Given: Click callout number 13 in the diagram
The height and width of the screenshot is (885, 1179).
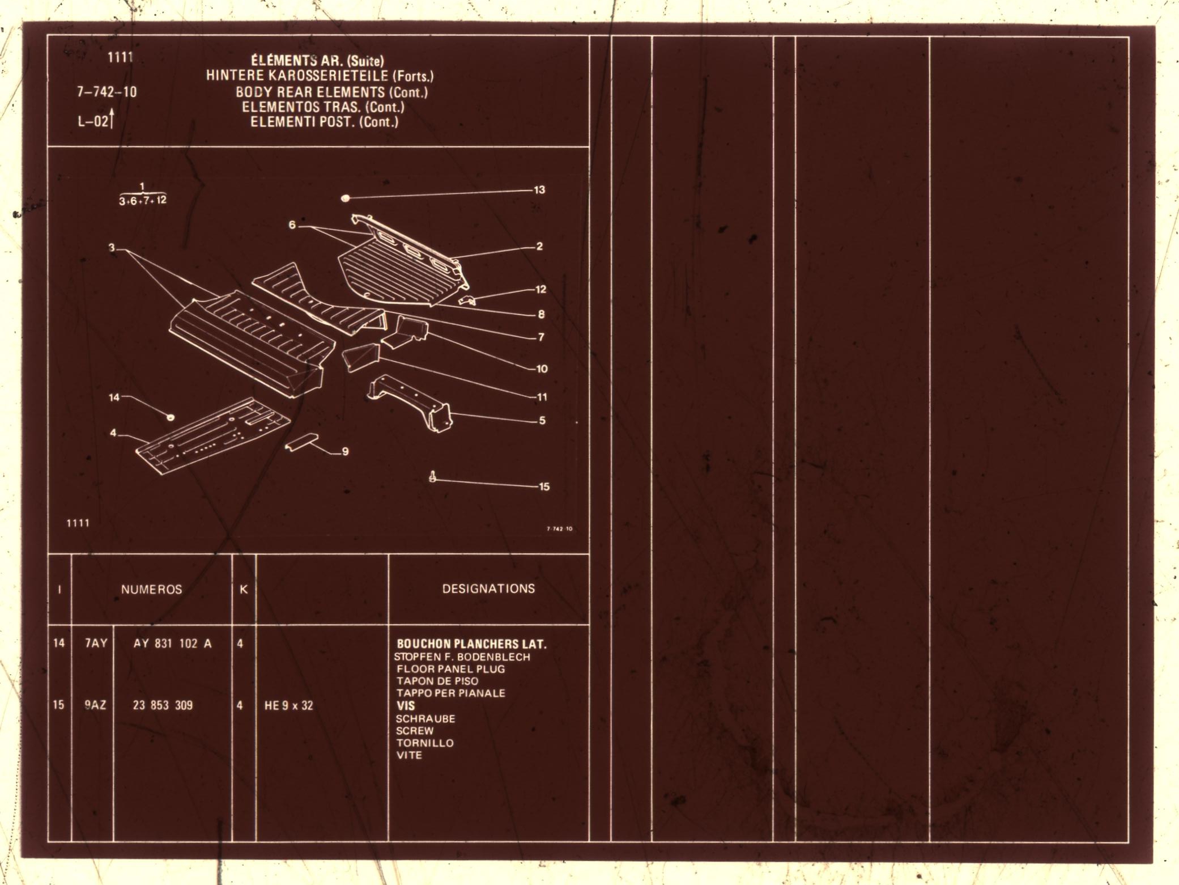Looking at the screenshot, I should [x=539, y=190].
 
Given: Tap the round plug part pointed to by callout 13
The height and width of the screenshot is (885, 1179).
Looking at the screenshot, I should [x=345, y=198].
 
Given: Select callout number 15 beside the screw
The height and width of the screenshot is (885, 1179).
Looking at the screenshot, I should [x=544, y=486].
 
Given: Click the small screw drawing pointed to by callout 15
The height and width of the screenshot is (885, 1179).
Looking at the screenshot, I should [x=433, y=477].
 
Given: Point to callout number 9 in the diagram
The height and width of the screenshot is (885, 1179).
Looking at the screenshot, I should [x=345, y=452].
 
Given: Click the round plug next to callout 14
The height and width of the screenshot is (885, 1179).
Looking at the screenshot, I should [x=169, y=417].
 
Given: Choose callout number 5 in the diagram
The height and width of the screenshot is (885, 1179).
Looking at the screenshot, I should [x=542, y=421].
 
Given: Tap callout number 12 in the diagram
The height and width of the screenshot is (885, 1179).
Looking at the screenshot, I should [x=540, y=290].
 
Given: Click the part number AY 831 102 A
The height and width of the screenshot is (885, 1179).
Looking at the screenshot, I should [x=172, y=643].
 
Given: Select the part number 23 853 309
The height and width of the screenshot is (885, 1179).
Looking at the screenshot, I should [x=163, y=705].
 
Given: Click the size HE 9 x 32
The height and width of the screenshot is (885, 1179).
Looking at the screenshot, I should [x=288, y=706].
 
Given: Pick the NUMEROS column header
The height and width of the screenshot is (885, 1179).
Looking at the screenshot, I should [x=151, y=590].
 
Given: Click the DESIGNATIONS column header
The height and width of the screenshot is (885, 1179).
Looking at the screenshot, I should [x=488, y=588].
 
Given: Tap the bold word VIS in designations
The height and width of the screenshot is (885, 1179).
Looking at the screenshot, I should [x=406, y=706].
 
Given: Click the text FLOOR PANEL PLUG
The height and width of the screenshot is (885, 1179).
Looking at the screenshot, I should [x=450, y=669].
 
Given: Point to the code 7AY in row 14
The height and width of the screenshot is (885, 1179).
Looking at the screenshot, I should [x=96, y=643].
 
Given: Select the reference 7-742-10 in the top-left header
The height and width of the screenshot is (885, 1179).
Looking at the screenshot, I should [x=107, y=92].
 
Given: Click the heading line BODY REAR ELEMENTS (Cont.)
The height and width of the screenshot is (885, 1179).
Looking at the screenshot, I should [x=331, y=92].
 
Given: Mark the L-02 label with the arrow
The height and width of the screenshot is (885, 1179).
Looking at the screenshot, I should [x=95, y=121].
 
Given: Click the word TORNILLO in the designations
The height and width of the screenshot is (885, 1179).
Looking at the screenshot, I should [x=424, y=743].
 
